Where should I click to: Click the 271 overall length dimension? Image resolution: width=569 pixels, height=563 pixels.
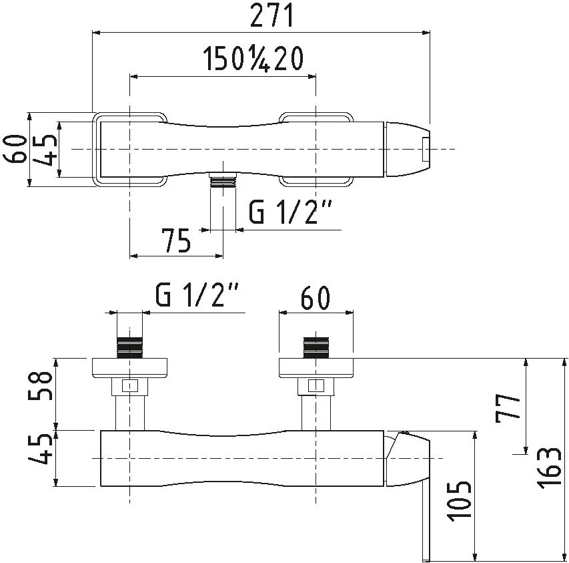[271, 16]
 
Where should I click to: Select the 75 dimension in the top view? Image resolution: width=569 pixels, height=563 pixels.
[176, 240]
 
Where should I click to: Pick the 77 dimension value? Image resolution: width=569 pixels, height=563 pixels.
[508, 408]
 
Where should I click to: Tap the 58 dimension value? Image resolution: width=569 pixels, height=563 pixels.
[41, 385]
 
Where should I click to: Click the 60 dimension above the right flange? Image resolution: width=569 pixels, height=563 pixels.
[316, 298]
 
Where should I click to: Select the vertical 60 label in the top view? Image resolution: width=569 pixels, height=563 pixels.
[15, 150]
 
